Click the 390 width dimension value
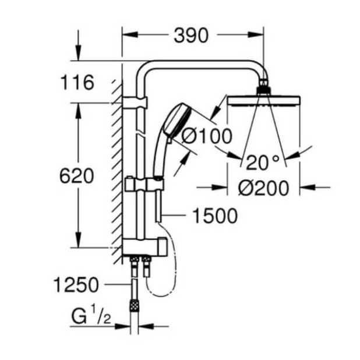pos(190,36)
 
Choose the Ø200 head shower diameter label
pos(264,188)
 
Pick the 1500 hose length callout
pos(216,216)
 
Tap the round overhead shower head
pos(264,101)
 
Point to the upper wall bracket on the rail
pos(136,103)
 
